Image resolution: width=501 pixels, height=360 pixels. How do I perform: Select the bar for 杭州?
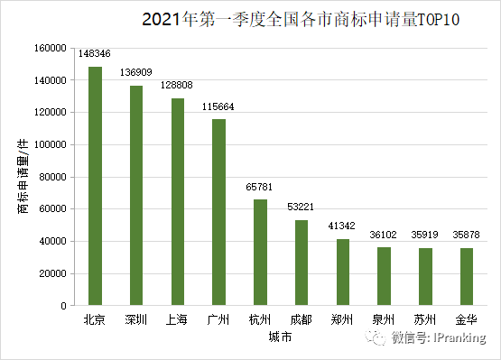tap(260, 253)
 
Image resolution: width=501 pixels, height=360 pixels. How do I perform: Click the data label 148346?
tap(95, 56)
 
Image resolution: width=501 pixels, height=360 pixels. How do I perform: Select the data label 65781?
tap(260, 189)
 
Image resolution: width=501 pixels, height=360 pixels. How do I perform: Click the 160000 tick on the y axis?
tap(51, 48)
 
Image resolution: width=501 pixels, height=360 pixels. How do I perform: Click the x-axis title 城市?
tap(280, 338)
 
